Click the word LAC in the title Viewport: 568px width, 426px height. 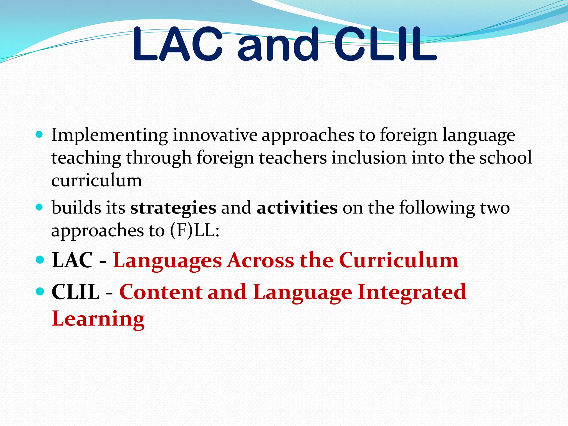177,44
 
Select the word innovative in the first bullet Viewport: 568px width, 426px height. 215,135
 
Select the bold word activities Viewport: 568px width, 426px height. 297,207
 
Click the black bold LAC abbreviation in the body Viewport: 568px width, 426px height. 72,260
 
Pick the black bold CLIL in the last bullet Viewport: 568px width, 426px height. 75,292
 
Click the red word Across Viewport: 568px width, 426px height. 261,260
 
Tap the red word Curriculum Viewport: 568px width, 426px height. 399,260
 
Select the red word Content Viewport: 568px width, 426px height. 161,292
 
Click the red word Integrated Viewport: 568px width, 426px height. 412,292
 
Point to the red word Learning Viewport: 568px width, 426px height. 98,319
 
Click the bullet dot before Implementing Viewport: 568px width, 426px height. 40,135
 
